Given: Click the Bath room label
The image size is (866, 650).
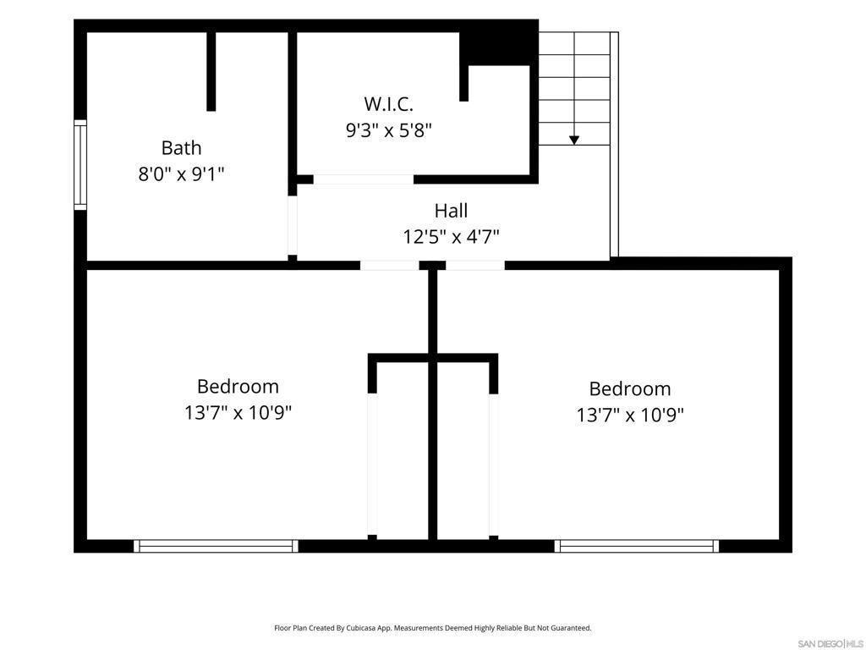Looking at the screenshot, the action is coord(181,147).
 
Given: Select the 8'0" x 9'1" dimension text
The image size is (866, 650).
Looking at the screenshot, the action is coord(181,174).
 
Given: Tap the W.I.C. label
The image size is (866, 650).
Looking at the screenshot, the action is coord(388,104).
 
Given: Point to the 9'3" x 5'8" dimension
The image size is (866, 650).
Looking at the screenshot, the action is coord(388,130).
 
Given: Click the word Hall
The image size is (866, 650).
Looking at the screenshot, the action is coord(451,211).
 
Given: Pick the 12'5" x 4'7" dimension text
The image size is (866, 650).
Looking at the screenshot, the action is coord(451,237).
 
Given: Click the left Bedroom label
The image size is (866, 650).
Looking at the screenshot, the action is coord(238,386).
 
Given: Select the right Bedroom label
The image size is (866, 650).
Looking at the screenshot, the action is coord(629,388).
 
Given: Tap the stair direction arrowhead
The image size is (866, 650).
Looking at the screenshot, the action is coord(574,140).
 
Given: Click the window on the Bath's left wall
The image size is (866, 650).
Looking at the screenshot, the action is coord(80,165).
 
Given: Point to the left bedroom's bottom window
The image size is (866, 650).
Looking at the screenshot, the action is coord(216,546).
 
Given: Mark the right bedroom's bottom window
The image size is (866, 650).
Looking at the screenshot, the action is coord(637,546).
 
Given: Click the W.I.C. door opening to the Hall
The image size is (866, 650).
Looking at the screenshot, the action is coord(364,179).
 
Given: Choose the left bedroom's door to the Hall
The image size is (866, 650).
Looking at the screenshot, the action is coord(389,265).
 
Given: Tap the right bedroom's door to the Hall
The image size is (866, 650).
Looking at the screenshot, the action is coord(475,265).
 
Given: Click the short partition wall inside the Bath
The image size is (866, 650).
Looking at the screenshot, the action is coord(211,71).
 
